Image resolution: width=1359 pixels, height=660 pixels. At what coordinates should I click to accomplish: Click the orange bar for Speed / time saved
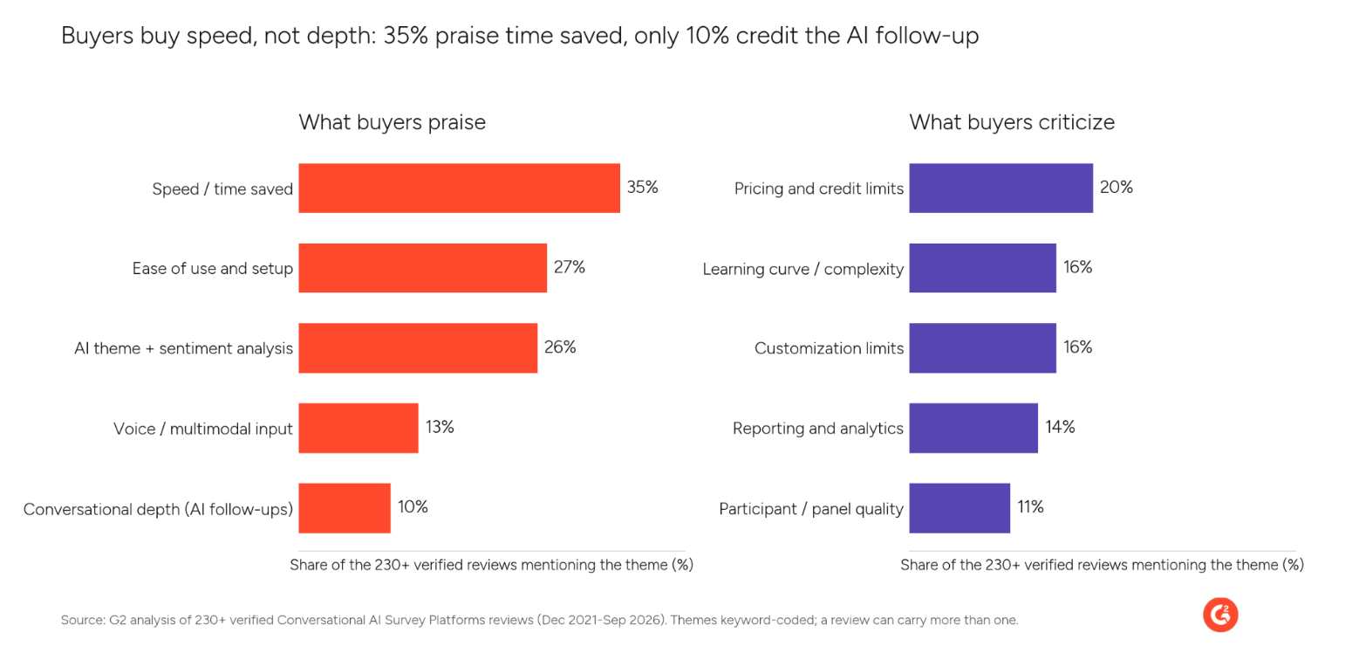[460, 189]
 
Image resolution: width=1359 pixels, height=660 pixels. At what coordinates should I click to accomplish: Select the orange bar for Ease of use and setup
[423, 268]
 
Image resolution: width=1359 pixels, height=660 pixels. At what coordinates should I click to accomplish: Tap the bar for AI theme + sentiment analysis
[418, 348]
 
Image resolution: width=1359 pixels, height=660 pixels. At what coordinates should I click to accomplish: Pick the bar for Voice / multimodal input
[359, 428]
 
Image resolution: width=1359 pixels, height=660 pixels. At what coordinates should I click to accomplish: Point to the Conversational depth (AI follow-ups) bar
[345, 508]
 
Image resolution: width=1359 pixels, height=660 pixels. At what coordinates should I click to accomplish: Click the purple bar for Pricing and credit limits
[1001, 189]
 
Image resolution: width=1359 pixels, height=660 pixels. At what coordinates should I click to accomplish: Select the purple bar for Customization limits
[983, 348]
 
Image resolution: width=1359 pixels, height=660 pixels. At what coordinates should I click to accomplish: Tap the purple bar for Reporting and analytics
[973, 428]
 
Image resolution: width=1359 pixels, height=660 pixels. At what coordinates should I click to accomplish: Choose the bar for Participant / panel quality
[959, 508]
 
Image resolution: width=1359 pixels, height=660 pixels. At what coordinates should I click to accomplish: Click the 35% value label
[643, 187]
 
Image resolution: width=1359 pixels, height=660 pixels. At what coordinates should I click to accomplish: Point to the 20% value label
[1117, 187]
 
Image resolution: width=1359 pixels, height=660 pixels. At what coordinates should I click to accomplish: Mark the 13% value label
[440, 427]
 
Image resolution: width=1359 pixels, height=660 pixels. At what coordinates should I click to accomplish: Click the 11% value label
[1030, 507]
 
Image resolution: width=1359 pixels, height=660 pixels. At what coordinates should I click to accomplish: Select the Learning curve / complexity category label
[803, 269]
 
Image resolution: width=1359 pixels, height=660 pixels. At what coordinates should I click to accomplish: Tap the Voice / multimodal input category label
[203, 429]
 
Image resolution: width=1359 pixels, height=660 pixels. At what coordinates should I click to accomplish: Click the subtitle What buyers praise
[392, 122]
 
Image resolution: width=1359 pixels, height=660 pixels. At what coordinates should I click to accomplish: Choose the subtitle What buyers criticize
[1012, 122]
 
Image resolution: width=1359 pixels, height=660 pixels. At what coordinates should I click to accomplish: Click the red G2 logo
[1220, 615]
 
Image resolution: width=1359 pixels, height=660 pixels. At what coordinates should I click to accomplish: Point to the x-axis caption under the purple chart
[1102, 566]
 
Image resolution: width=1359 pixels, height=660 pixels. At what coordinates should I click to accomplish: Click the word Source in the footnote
[84, 620]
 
